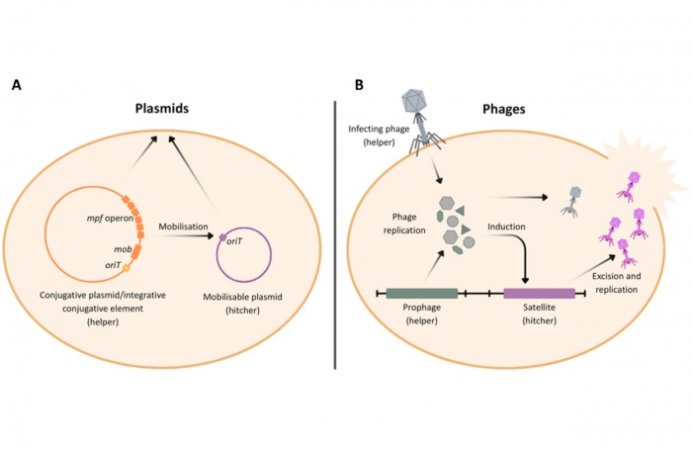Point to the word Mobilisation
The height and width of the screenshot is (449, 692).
187,226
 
